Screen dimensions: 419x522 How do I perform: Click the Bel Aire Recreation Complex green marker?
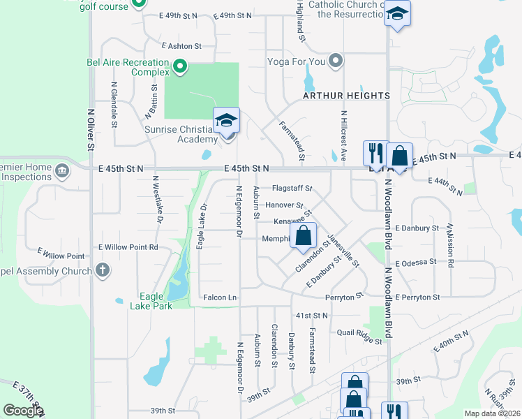[180, 67]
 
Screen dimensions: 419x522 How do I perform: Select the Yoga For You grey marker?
[336, 61]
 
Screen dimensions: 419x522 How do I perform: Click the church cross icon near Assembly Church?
[103, 270]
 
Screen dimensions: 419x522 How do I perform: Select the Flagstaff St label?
[292, 189]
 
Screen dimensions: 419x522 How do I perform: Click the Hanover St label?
[284, 205]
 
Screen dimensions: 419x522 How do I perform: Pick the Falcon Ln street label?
[220, 297]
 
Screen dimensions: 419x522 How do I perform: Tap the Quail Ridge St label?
[359, 337]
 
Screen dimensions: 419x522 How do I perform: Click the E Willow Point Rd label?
[128, 247]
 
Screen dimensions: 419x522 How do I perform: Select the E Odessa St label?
[415, 263]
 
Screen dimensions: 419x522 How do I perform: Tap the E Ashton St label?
[181, 46]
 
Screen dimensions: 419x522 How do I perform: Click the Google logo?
[23, 410]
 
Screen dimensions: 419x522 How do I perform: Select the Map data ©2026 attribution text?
[492, 413]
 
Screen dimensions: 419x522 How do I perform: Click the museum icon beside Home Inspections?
[62, 169]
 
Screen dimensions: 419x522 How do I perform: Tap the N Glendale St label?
[113, 105]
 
